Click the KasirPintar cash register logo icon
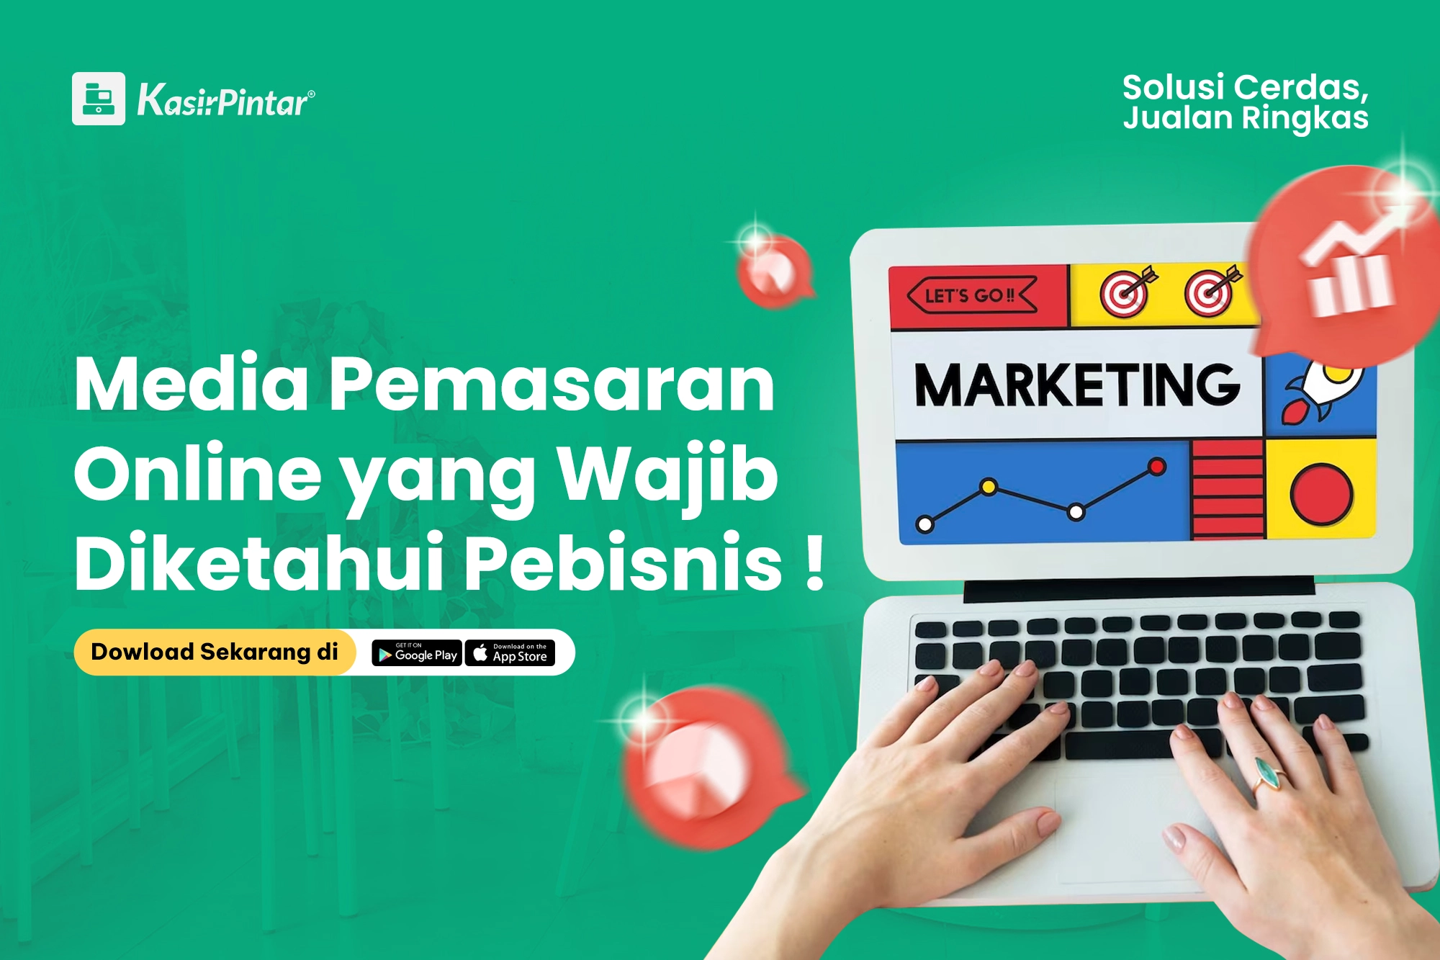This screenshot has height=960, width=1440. pos(99,99)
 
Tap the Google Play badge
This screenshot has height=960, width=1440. pos(417,653)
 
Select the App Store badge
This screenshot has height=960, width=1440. pos(510,653)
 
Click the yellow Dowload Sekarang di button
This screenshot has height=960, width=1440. pos(215,652)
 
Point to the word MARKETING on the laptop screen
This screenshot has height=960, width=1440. pos(1077,385)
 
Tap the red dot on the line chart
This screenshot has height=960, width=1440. pos(1157,467)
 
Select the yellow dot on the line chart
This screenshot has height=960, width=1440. pos(989,488)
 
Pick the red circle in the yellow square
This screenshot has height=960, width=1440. pos(1321,494)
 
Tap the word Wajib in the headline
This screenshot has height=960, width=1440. pos(667,476)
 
